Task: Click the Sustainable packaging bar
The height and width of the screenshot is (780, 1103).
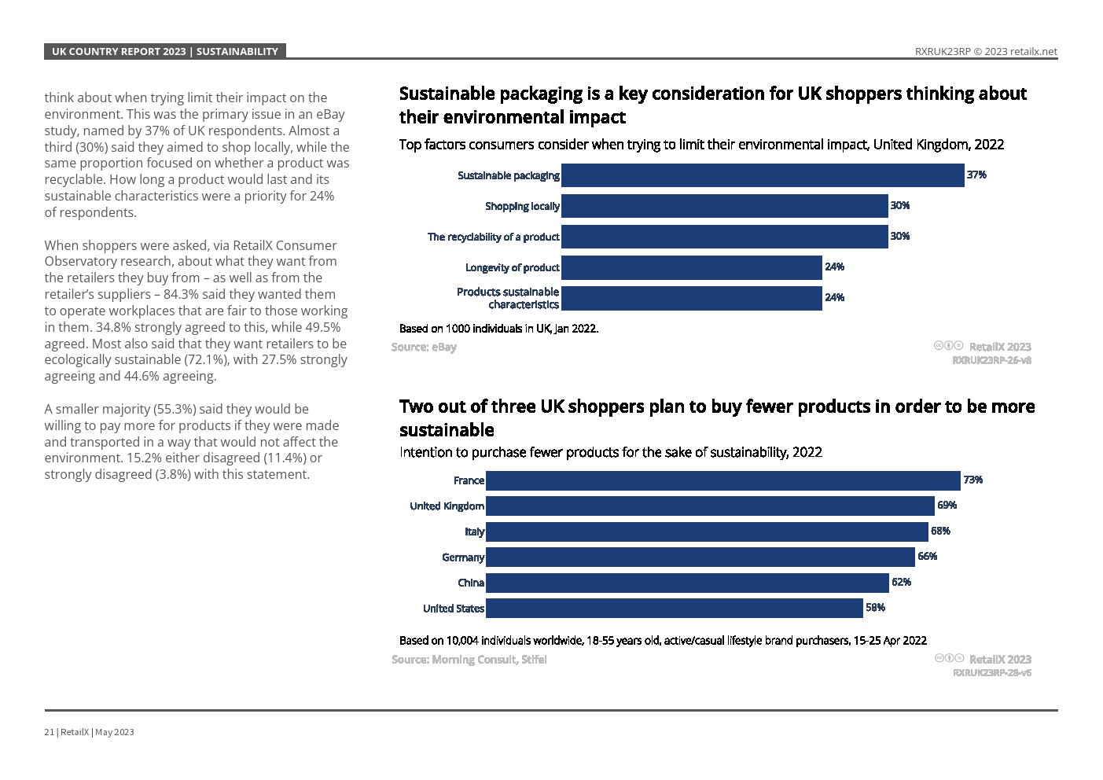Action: (763, 175)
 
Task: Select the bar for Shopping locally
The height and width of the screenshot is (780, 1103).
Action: (724, 206)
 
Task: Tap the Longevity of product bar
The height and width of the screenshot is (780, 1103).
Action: (692, 267)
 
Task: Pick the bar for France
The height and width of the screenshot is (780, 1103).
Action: (722, 480)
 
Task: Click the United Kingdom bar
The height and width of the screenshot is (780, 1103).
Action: (710, 506)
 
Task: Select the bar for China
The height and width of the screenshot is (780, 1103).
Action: (687, 583)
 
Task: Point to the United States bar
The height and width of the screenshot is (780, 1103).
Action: (674, 608)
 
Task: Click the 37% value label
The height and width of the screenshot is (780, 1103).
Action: (976, 175)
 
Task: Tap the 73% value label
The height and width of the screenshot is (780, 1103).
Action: (972, 480)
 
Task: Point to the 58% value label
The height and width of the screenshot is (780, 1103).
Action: (875, 607)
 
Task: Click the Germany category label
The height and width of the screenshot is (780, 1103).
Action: (463, 557)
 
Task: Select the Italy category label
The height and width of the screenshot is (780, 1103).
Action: (475, 532)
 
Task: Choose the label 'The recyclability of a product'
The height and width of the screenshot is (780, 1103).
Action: (493, 237)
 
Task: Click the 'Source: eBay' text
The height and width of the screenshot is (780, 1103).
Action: (424, 347)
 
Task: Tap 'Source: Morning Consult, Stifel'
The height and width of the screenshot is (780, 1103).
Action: (469, 659)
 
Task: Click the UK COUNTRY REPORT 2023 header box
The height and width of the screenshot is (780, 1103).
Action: (164, 51)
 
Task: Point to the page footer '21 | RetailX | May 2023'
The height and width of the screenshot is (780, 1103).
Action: (89, 732)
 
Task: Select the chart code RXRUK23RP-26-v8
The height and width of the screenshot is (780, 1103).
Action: (991, 360)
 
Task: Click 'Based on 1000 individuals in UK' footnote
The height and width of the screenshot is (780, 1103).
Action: (498, 329)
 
